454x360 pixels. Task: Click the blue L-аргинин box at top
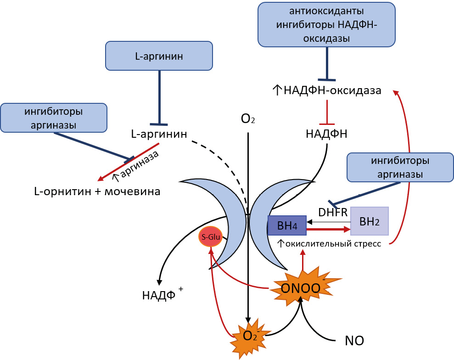pyautogui.click(x=159, y=56)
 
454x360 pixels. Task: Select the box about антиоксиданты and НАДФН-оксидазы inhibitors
pyautogui.click(x=326, y=24)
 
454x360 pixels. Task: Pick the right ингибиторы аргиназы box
pyautogui.click(x=400, y=168)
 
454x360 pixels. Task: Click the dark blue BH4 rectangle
pyautogui.click(x=287, y=225)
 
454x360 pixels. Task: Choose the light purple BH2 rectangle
pyautogui.click(x=370, y=221)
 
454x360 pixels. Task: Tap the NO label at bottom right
pyautogui.click(x=354, y=341)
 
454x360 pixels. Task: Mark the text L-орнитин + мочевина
pyautogui.click(x=97, y=191)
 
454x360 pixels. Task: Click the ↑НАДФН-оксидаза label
pyautogui.click(x=327, y=90)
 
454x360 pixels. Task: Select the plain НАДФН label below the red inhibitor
pyautogui.click(x=326, y=134)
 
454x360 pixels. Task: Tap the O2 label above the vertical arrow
pyautogui.click(x=248, y=119)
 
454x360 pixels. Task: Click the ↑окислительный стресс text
pyautogui.click(x=329, y=243)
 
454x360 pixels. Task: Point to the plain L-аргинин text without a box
pyautogui.click(x=159, y=135)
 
